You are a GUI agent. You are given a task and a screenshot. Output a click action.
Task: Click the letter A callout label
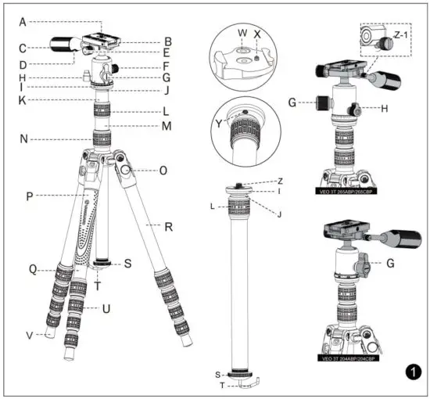(x=23, y=22)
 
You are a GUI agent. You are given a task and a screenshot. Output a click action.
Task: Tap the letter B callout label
(x=168, y=40)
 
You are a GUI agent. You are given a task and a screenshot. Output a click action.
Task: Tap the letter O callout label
(x=163, y=170)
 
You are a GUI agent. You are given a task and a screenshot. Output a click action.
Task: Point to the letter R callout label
(x=167, y=225)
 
